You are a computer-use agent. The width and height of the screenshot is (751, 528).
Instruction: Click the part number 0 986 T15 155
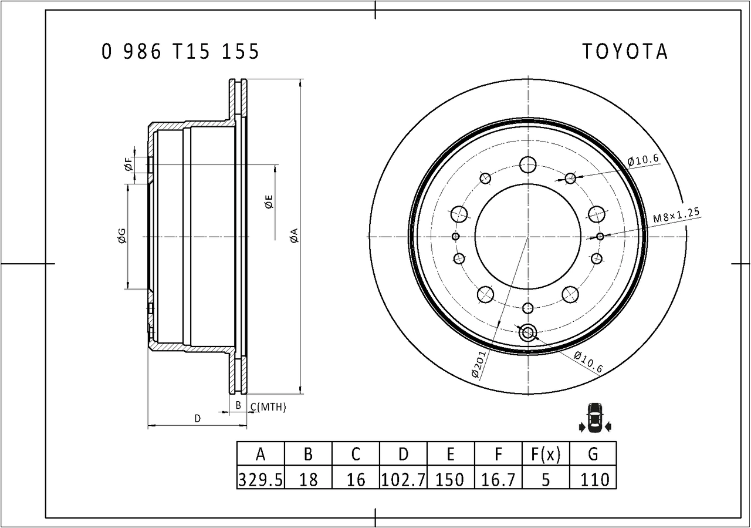click(x=180, y=52)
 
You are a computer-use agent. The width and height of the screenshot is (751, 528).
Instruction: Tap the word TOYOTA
click(x=625, y=52)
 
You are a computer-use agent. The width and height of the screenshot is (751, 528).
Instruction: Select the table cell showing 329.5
click(x=261, y=480)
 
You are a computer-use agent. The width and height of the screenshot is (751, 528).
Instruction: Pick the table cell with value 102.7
click(x=403, y=480)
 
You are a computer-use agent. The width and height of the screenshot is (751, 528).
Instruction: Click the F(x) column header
click(x=546, y=454)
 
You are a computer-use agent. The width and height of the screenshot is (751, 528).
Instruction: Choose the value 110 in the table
click(x=593, y=480)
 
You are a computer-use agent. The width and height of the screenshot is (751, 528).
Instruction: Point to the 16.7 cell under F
click(x=498, y=480)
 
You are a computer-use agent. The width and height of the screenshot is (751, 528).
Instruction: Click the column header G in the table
click(x=593, y=454)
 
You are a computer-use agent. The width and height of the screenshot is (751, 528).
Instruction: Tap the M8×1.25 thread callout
click(x=676, y=216)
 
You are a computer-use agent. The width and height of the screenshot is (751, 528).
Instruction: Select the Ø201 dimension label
click(x=479, y=364)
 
